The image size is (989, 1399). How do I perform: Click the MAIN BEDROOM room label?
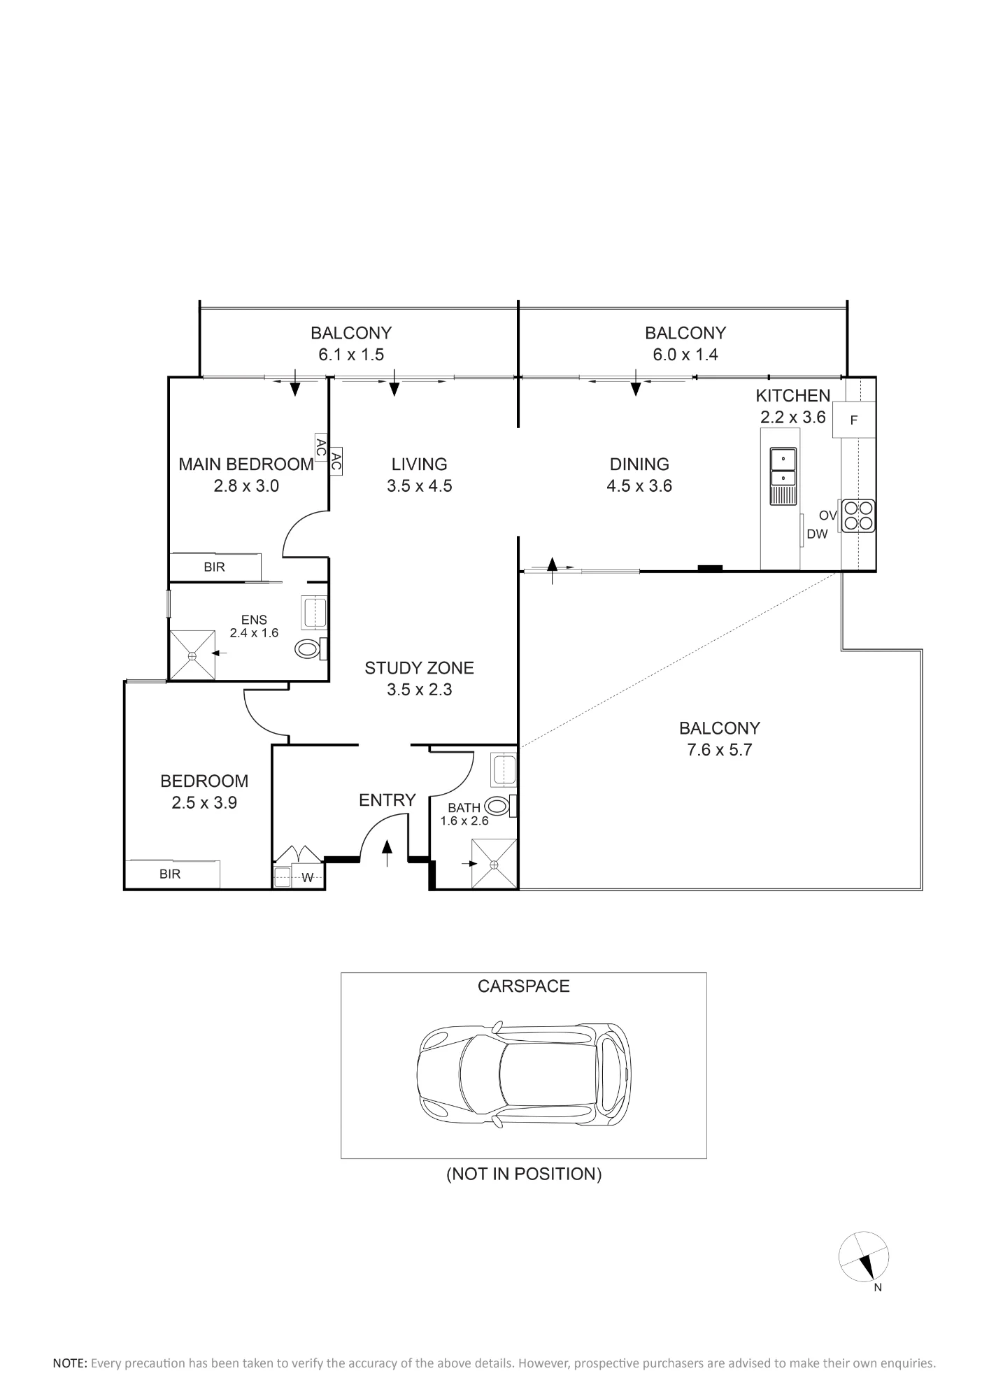246,464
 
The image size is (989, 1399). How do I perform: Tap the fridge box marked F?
854,420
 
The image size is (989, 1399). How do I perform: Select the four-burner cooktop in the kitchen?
858,516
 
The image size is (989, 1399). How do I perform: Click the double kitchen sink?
783,476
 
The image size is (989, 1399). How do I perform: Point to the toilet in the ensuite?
309,649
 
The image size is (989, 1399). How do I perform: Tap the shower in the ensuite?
192,655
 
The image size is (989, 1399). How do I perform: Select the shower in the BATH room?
494,864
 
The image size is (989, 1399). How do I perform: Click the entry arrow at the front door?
387,854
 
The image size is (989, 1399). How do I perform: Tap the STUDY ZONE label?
419,668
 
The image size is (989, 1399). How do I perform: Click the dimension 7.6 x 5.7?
719,750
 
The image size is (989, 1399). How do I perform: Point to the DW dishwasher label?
817,534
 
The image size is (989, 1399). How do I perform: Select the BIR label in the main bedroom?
214,567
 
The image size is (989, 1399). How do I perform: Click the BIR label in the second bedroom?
170,874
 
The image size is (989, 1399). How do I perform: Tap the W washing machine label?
308,878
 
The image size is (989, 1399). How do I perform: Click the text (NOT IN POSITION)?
524,1174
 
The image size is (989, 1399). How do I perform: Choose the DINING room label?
639,464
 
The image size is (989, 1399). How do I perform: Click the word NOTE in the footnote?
70,1363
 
